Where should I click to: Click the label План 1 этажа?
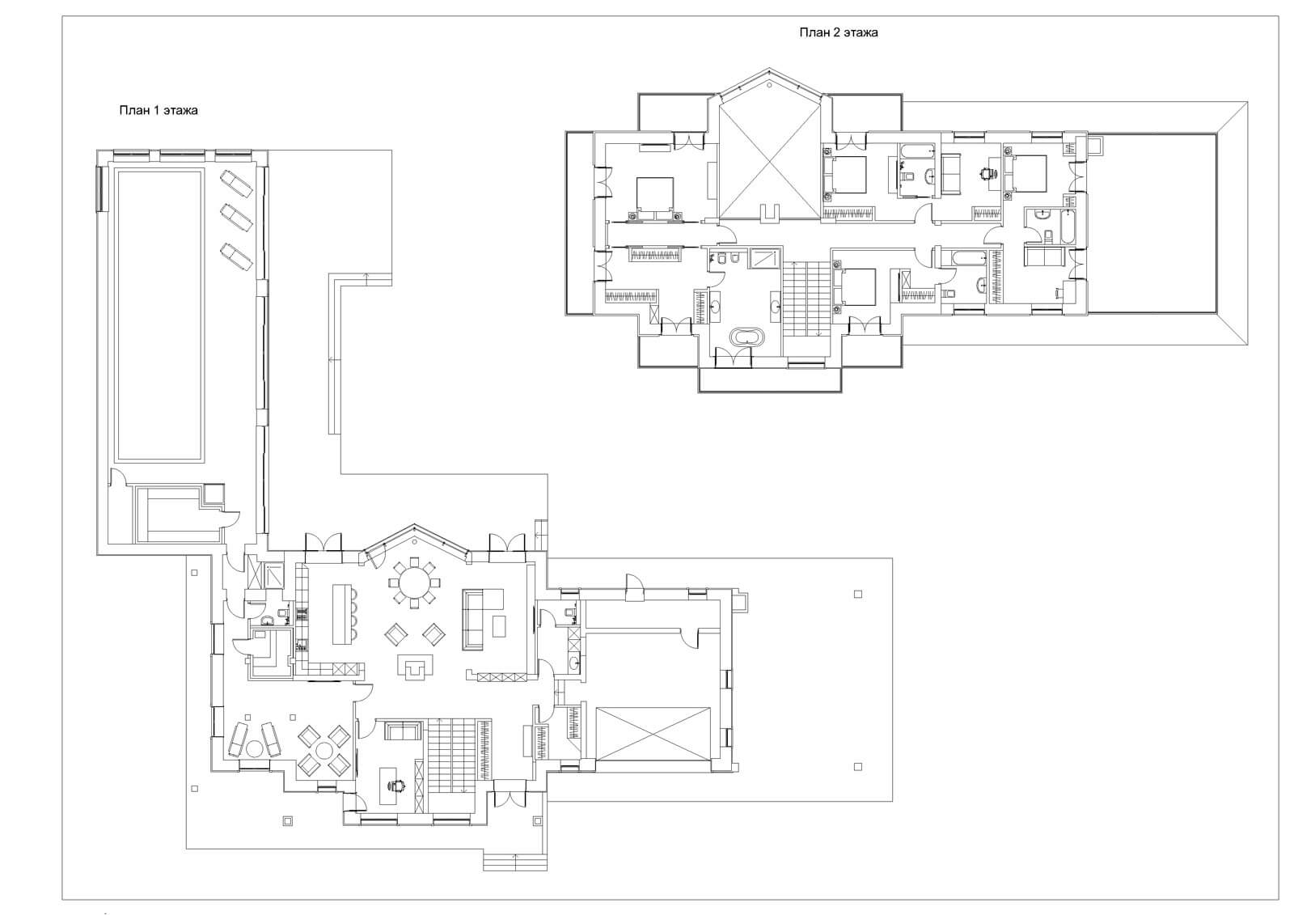click(159, 110)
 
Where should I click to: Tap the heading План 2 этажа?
click(838, 32)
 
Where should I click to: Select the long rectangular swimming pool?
click(159, 315)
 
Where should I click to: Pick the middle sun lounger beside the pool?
click(235, 218)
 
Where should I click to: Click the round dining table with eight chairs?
click(414, 582)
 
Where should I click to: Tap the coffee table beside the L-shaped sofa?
click(499, 625)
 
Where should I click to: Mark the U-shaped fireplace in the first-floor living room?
click(416, 667)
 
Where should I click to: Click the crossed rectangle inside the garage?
click(653, 734)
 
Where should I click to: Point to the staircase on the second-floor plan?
click(806, 299)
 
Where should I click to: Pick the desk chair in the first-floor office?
click(397, 785)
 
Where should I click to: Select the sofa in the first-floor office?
click(402, 731)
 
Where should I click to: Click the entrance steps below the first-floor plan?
click(515, 862)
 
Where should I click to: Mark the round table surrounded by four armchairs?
click(324, 751)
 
